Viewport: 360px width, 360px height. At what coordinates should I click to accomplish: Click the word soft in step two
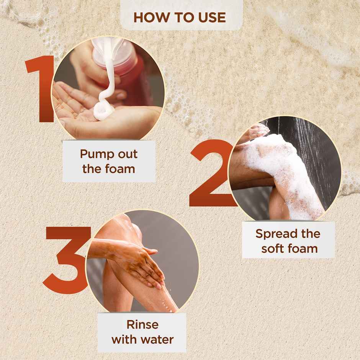(273, 249)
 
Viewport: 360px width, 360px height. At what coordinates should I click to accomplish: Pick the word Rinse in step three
(142, 325)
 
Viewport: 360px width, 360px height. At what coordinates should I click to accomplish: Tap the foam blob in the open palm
(104, 113)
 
